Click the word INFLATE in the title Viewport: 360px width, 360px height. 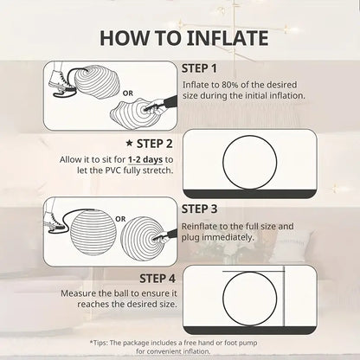tap(228, 38)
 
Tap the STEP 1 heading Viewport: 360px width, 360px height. tap(199, 68)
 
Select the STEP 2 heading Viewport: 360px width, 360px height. tap(155, 144)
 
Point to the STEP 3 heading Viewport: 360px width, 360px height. tap(199, 209)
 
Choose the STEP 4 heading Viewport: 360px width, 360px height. tap(157, 279)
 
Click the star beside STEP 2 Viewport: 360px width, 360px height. tap(130, 143)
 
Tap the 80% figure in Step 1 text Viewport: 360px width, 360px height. tap(230, 85)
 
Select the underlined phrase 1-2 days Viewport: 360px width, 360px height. tap(145, 159)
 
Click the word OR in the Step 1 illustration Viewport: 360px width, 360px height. tap(128, 93)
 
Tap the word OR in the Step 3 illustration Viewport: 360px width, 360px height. tap(120, 219)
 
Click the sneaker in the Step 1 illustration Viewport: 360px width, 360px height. tap(59, 79)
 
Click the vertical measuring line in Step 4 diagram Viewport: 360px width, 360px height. tap(284, 297)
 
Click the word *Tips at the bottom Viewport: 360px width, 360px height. tap(99, 343)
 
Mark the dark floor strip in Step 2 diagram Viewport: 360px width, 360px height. tap(250, 194)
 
